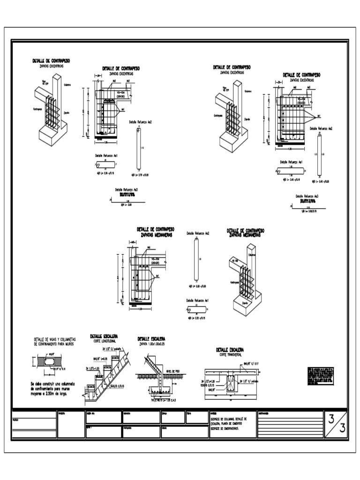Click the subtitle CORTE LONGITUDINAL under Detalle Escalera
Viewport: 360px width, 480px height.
[104, 342]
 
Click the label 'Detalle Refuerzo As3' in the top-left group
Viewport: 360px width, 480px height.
[126, 190]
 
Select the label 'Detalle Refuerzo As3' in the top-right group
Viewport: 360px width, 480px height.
[307, 196]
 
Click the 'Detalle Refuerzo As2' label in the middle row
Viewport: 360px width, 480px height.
[197, 233]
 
